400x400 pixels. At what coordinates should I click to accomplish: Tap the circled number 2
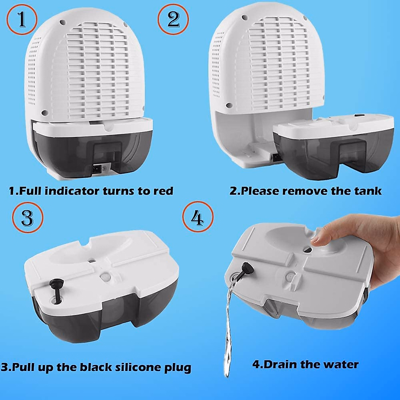173,19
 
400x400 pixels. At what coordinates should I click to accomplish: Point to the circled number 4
198,217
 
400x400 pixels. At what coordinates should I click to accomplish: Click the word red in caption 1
163,191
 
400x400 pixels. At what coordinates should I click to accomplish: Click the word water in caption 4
342,364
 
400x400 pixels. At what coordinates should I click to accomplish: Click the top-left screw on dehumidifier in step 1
62,22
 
